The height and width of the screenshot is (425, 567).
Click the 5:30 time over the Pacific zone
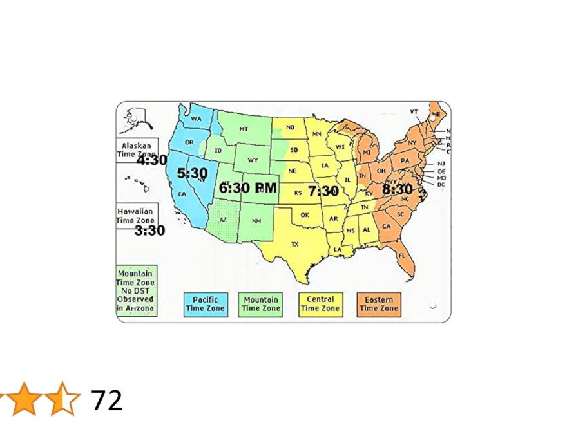click(193, 173)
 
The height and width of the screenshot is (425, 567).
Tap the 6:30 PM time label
click(248, 188)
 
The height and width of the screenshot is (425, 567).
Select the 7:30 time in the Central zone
click(323, 191)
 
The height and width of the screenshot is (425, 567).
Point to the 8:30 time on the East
click(397, 189)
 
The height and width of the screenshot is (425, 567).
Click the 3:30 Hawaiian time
click(149, 230)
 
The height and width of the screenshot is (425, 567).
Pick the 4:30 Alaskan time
click(151, 160)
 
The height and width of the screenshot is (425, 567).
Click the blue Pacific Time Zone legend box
click(206, 304)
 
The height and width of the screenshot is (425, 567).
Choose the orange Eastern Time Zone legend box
click(379, 304)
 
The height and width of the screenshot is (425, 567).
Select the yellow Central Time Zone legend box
click(320, 304)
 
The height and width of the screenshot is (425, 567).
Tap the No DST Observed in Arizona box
click(136, 291)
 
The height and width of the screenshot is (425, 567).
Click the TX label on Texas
click(295, 245)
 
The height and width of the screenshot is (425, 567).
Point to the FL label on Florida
click(402, 256)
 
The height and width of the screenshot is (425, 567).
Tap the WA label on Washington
click(197, 120)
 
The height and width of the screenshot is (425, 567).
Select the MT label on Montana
click(244, 129)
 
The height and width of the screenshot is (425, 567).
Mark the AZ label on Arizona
click(223, 220)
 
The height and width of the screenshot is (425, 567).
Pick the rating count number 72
click(106, 401)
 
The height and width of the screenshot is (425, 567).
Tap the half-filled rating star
click(65, 399)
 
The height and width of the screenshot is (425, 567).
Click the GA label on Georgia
click(386, 227)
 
